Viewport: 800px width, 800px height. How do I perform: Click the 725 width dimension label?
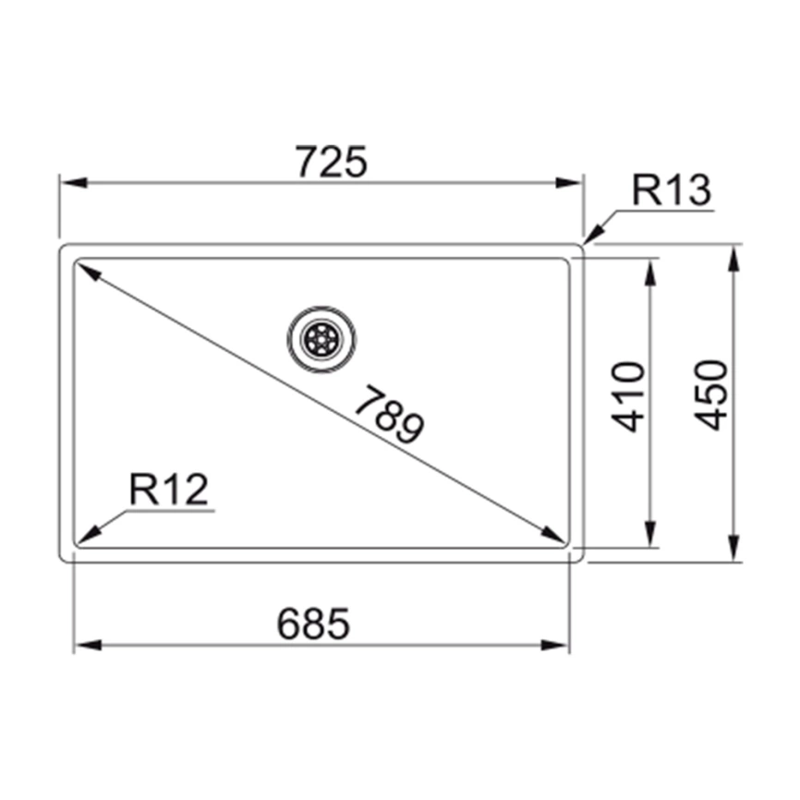332,162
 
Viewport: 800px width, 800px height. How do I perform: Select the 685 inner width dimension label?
313,623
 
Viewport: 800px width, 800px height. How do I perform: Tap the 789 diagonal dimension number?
390,414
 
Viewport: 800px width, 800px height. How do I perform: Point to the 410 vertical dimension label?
628,396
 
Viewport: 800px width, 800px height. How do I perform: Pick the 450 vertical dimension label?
710,394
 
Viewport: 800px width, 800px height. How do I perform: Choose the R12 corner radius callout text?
169,489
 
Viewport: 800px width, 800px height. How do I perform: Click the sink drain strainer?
321,339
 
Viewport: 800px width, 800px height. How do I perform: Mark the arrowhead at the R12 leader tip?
89,535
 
